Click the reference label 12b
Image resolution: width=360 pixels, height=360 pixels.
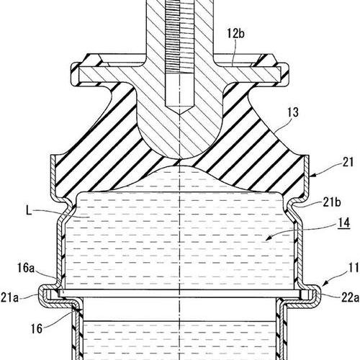tap(235, 34)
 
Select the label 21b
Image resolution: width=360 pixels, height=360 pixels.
tap(332, 203)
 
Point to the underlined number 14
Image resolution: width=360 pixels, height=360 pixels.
tap(344, 223)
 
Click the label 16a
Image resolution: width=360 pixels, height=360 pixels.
tap(26, 268)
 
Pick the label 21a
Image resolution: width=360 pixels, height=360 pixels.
tap(9, 298)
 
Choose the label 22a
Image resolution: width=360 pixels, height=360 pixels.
tap(350, 298)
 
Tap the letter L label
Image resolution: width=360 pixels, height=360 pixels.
tap(29, 211)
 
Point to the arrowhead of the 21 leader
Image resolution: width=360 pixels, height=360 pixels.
tap(312, 176)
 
